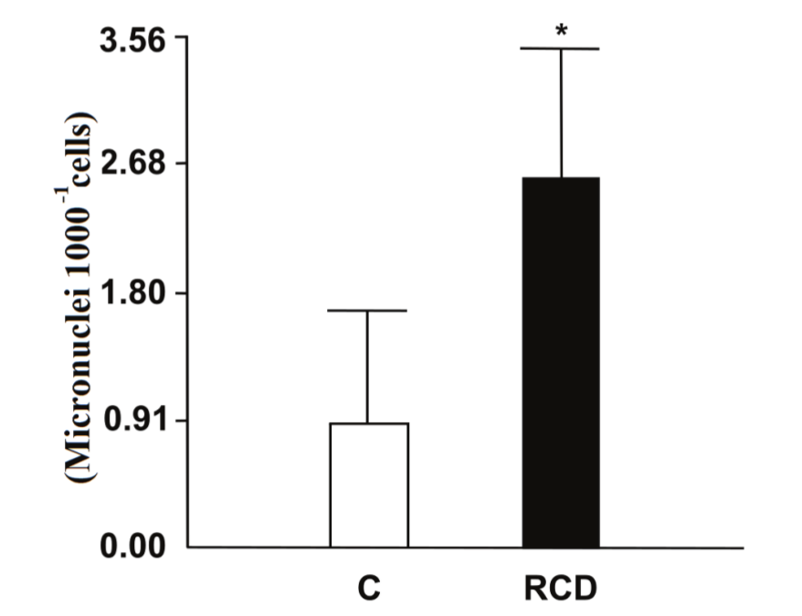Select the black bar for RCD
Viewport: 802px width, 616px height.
pos(561,362)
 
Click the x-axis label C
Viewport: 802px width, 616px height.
pos(368,589)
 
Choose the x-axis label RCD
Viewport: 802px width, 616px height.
pos(560,589)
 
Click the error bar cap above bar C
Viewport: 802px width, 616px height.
pos(368,311)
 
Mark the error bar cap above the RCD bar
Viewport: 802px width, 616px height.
pos(561,48)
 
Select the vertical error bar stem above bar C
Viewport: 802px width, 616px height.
pos(368,366)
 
